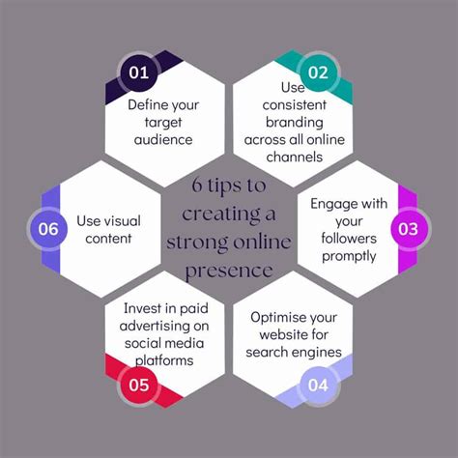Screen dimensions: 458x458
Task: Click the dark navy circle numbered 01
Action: coord(139,72)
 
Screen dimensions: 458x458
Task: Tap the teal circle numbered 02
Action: coord(318,72)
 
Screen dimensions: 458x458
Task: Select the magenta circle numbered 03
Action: coord(408,229)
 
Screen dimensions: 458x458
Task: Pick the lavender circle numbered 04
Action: coord(318,385)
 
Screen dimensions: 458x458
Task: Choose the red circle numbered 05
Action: coord(139,385)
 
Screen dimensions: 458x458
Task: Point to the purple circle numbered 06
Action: coord(48,229)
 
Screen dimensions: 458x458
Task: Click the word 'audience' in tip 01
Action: coord(163,140)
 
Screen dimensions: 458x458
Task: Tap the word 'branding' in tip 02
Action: coord(295,123)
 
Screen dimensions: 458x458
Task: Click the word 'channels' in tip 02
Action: coord(295,157)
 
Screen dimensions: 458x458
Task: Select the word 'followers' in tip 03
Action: coord(349,239)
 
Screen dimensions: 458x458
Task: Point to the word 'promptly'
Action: coord(349,257)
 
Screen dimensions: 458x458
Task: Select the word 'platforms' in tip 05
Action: coord(164,360)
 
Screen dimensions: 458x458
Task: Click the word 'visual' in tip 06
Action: coord(124,221)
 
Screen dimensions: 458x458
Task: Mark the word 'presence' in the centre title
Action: coord(229,271)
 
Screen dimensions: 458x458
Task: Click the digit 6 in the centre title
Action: coord(196,185)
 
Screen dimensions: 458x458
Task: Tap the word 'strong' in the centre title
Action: coord(197,243)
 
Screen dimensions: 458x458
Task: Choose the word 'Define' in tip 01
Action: coord(143,105)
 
